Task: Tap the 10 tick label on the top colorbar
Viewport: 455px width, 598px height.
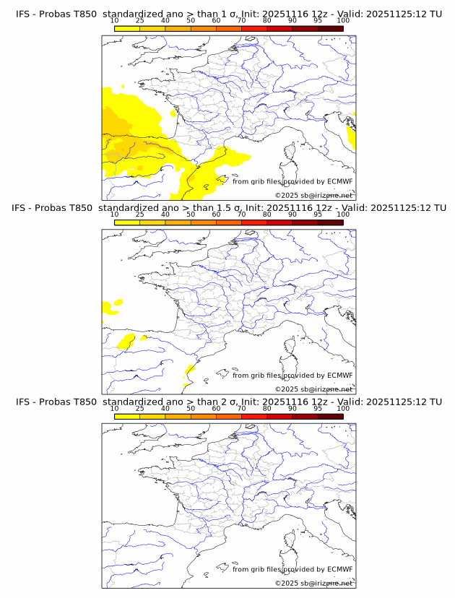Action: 114,20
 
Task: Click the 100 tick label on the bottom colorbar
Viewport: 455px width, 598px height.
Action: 343,409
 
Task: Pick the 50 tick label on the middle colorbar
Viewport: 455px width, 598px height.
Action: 191,214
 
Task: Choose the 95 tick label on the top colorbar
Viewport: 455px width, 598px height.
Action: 318,20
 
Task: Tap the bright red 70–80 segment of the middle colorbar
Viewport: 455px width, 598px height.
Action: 254,222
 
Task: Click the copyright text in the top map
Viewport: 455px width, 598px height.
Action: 313,196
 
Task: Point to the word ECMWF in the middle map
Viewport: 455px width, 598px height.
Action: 339,376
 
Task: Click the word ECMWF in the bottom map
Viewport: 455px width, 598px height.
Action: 339,569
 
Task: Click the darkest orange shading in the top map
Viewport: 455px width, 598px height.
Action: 119,148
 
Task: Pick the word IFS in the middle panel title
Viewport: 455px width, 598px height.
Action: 23,208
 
